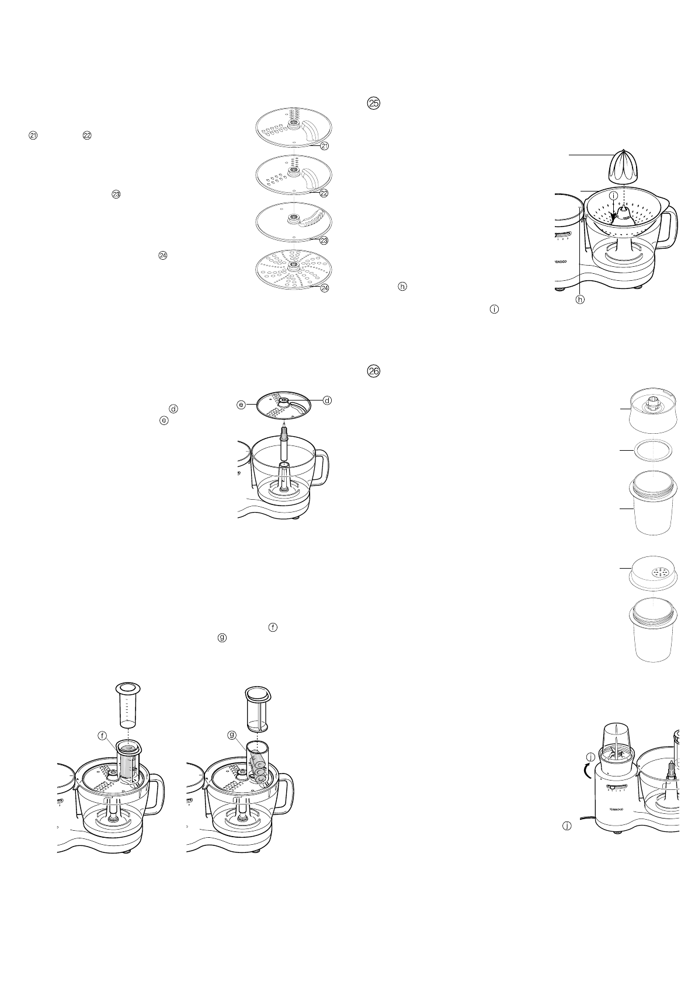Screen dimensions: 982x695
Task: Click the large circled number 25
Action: [x=373, y=103]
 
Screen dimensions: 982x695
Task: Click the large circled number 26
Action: [x=373, y=371]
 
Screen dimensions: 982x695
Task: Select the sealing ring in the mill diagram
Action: [x=652, y=451]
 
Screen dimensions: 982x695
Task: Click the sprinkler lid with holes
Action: [x=652, y=574]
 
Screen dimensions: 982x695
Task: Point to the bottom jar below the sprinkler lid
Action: [x=652, y=633]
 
